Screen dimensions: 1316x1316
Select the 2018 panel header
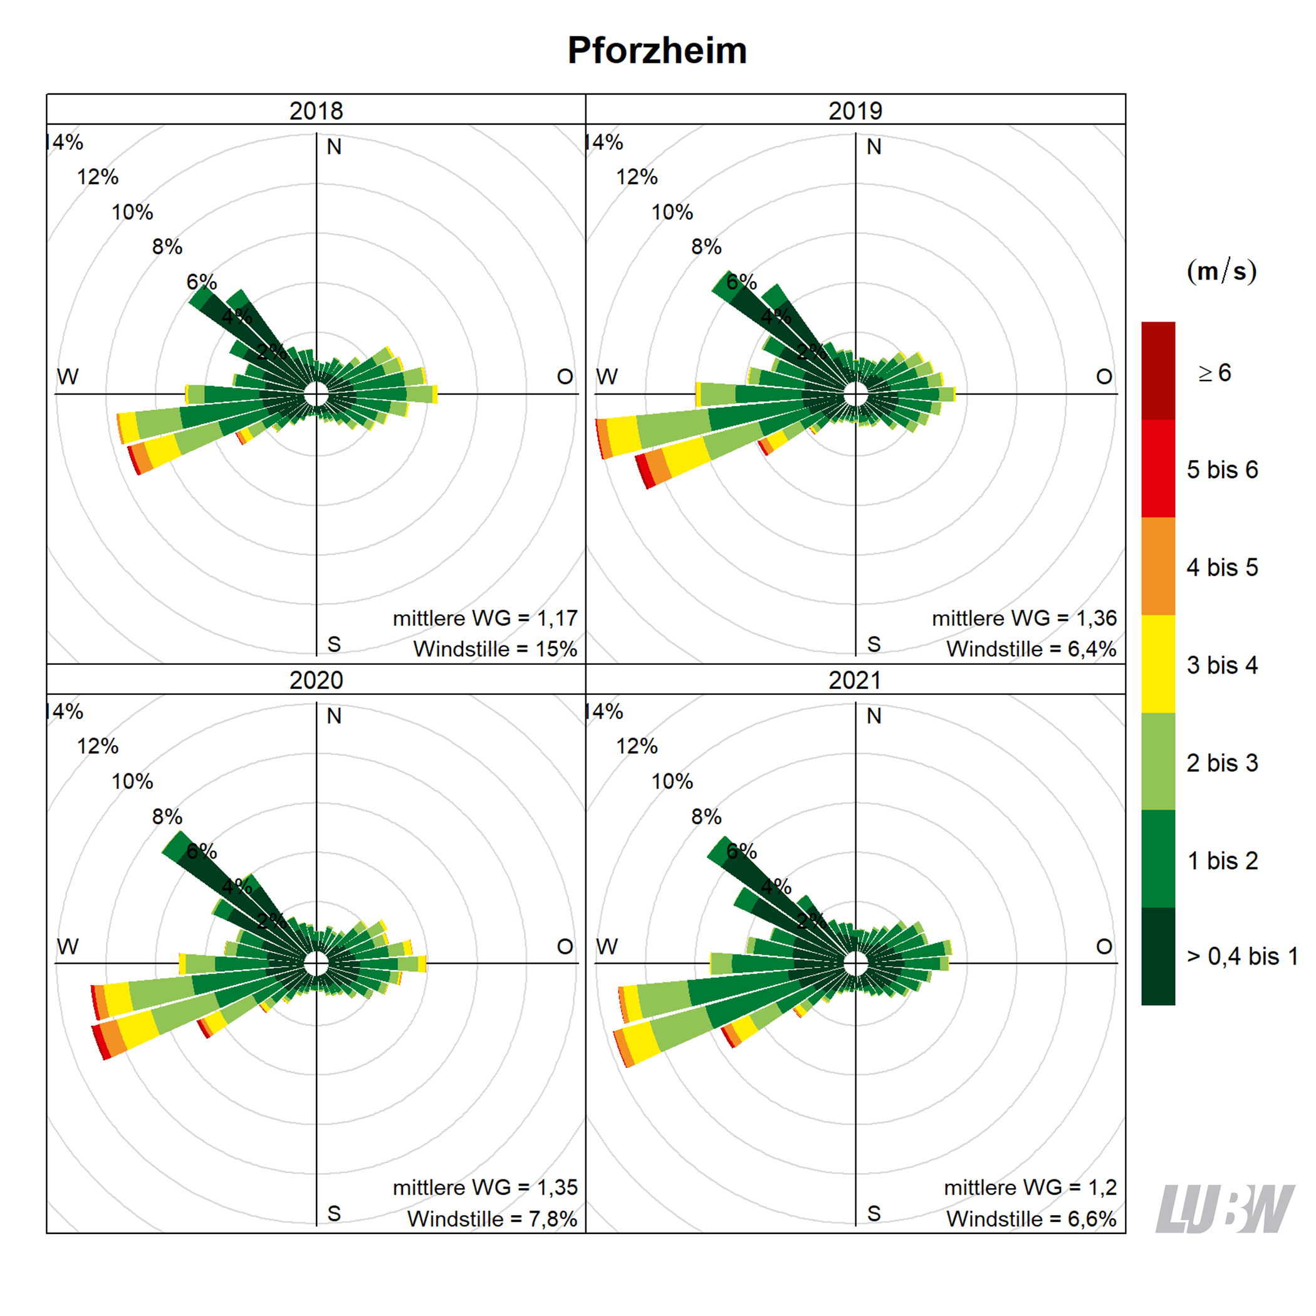(x=316, y=110)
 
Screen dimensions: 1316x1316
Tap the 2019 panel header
(x=855, y=110)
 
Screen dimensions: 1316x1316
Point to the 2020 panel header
(x=316, y=680)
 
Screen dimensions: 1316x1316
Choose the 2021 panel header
(x=855, y=680)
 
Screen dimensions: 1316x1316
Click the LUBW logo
(x=1224, y=1208)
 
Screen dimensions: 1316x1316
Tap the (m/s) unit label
(x=1221, y=271)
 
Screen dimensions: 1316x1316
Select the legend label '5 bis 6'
(x=1222, y=469)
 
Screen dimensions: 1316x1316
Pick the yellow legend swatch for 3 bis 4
(x=1158, y=664)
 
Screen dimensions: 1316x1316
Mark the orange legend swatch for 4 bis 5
(x=1158, y=566)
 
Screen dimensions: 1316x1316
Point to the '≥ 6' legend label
(x=1214, y=373)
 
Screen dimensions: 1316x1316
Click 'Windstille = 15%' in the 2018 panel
(x=495, y=649)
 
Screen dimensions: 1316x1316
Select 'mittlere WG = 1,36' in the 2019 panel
(x=1024, y=618)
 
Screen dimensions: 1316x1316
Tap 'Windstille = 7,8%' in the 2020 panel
(x=492, y=1219)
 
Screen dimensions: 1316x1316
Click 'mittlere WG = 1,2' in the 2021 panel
(x=1030, y=1188)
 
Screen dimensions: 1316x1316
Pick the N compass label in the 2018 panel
(x=334, y=147)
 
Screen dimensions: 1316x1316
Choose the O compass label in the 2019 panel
(x=1104, y=377)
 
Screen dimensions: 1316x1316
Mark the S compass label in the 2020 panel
(x=334, y=1213)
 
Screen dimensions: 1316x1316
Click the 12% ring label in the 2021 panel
(x=636, y=746)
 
